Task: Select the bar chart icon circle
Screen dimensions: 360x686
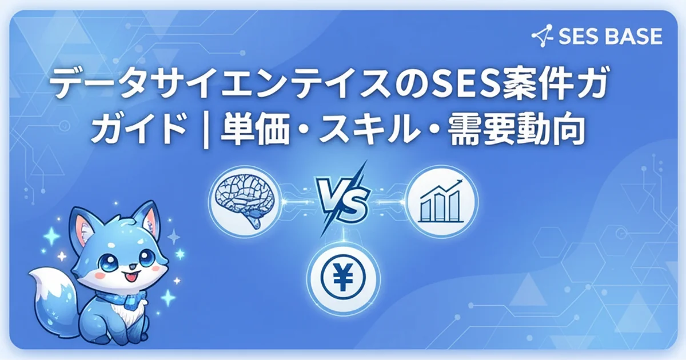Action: coord(441,201)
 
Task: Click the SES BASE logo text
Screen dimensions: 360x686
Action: coord(609,37)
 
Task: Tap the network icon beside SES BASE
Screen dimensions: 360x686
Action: coord(541,37)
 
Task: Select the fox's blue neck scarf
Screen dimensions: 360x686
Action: coord(120,297)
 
